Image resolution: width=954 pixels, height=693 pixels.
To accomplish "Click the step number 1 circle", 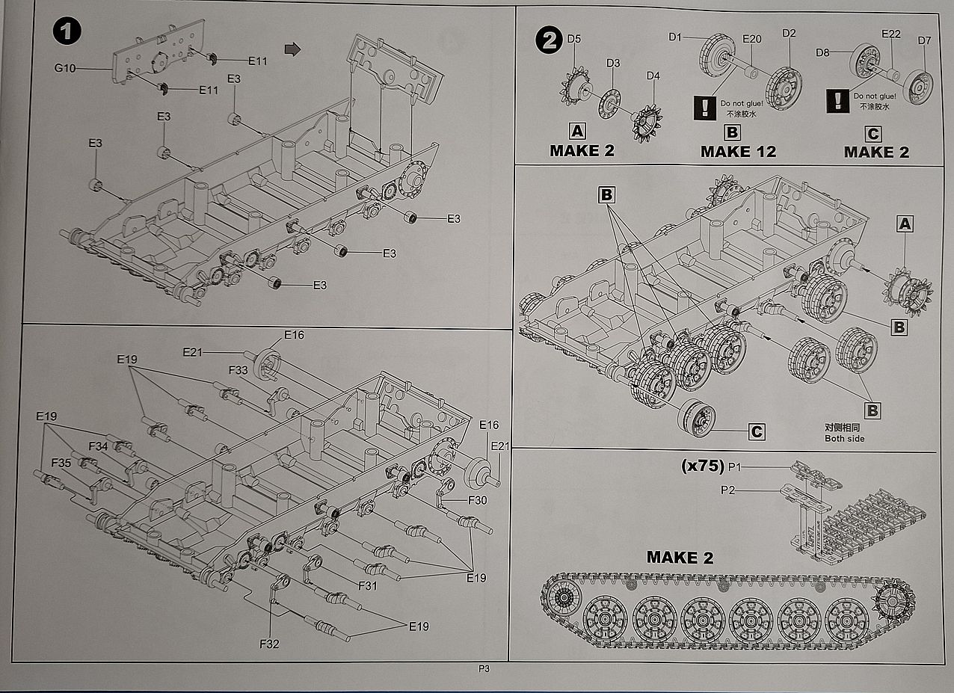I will [67, 33].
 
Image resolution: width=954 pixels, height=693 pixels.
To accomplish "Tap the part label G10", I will [66, 68].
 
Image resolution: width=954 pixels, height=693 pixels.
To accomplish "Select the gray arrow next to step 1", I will [293, 49].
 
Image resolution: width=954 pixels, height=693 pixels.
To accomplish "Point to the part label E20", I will [751, 39].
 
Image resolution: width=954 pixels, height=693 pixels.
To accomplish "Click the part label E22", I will [891, 34].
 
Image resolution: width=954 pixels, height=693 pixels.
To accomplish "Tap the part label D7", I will [925, 40].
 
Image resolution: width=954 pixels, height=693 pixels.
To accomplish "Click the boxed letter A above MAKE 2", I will [577, 132].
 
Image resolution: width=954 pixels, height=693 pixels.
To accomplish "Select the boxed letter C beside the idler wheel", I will [757, 431].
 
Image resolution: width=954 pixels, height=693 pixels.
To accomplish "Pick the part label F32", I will [269, 643].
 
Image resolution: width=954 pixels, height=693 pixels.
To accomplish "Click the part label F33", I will [238, 369].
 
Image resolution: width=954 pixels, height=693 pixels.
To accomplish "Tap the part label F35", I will [61, 463].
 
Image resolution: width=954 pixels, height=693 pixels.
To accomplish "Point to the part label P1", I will [734, 466].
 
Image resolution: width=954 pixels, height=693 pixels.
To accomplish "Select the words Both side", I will [844, 438].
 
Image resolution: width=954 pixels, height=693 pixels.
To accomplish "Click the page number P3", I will [484, 670].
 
